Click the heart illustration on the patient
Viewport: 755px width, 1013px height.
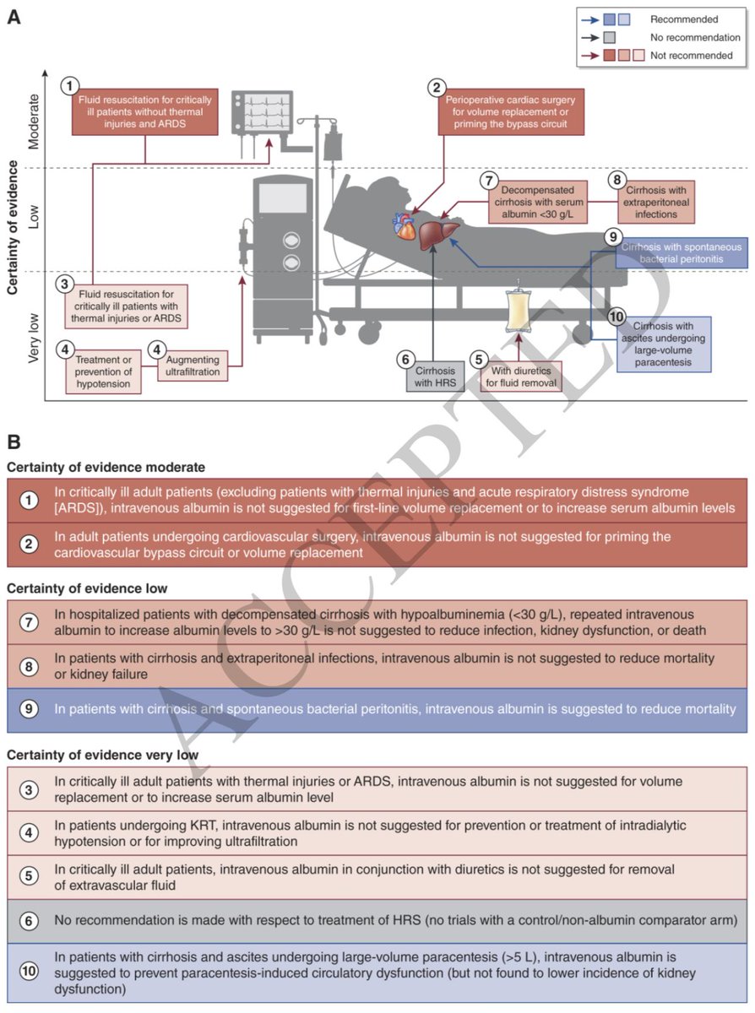tap(404, 226)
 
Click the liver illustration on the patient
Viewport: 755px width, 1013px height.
tap(437, 234)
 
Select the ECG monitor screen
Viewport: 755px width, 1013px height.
tap(262, 112)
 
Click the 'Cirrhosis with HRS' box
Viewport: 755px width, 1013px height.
tap(435, 376)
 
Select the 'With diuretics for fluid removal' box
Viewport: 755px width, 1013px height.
tap(521, 376)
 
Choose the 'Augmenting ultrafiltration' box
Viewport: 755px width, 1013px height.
tap(193, 366)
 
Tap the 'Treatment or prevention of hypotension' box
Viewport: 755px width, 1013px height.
tap(103, 371)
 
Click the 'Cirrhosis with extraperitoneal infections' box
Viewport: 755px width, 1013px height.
tap(656, 202)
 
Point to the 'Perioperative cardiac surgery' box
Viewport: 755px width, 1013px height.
tap(511, 112)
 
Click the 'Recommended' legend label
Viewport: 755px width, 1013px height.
tap(684, 19)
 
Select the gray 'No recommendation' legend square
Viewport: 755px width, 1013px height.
tap(609, 37)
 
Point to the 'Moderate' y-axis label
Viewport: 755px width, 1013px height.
tap(34, 122)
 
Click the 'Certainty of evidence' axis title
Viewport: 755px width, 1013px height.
tap(13, 227)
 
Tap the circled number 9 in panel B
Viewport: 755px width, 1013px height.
tap(29, 708)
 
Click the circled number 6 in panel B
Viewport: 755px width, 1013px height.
tap(29, 920)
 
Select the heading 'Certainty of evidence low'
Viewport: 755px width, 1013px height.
tap(87, 588)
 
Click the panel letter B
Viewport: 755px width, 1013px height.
tap(14, 441)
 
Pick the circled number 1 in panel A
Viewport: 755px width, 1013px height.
tap(70, 86)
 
